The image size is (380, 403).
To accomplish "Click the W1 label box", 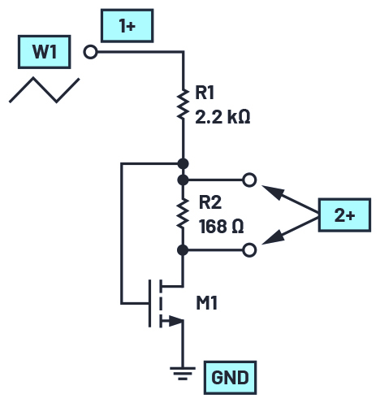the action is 45,52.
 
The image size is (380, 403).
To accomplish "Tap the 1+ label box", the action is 127,26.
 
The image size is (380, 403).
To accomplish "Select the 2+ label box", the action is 344,215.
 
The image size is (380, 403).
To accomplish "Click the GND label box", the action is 230,378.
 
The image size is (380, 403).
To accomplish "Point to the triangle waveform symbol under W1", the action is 45,90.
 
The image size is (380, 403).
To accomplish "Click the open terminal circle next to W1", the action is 90,52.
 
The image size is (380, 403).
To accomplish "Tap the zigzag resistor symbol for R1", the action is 184,104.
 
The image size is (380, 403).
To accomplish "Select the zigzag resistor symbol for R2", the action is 184,213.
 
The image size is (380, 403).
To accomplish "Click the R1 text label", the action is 205,93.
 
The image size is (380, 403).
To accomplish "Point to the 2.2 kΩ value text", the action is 222,117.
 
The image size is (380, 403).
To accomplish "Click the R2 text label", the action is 210,202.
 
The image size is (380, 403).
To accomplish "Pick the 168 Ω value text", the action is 222,227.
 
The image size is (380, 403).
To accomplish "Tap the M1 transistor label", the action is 207,303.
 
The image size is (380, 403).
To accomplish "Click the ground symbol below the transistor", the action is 183,373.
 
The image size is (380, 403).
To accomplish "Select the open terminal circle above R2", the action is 249,180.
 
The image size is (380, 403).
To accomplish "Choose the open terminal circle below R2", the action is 249,250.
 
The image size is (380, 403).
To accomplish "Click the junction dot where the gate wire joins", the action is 184,163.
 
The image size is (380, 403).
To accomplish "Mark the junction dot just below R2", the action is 183,250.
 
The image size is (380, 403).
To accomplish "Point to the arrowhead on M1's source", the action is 175,321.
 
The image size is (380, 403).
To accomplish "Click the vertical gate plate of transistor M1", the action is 149,303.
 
